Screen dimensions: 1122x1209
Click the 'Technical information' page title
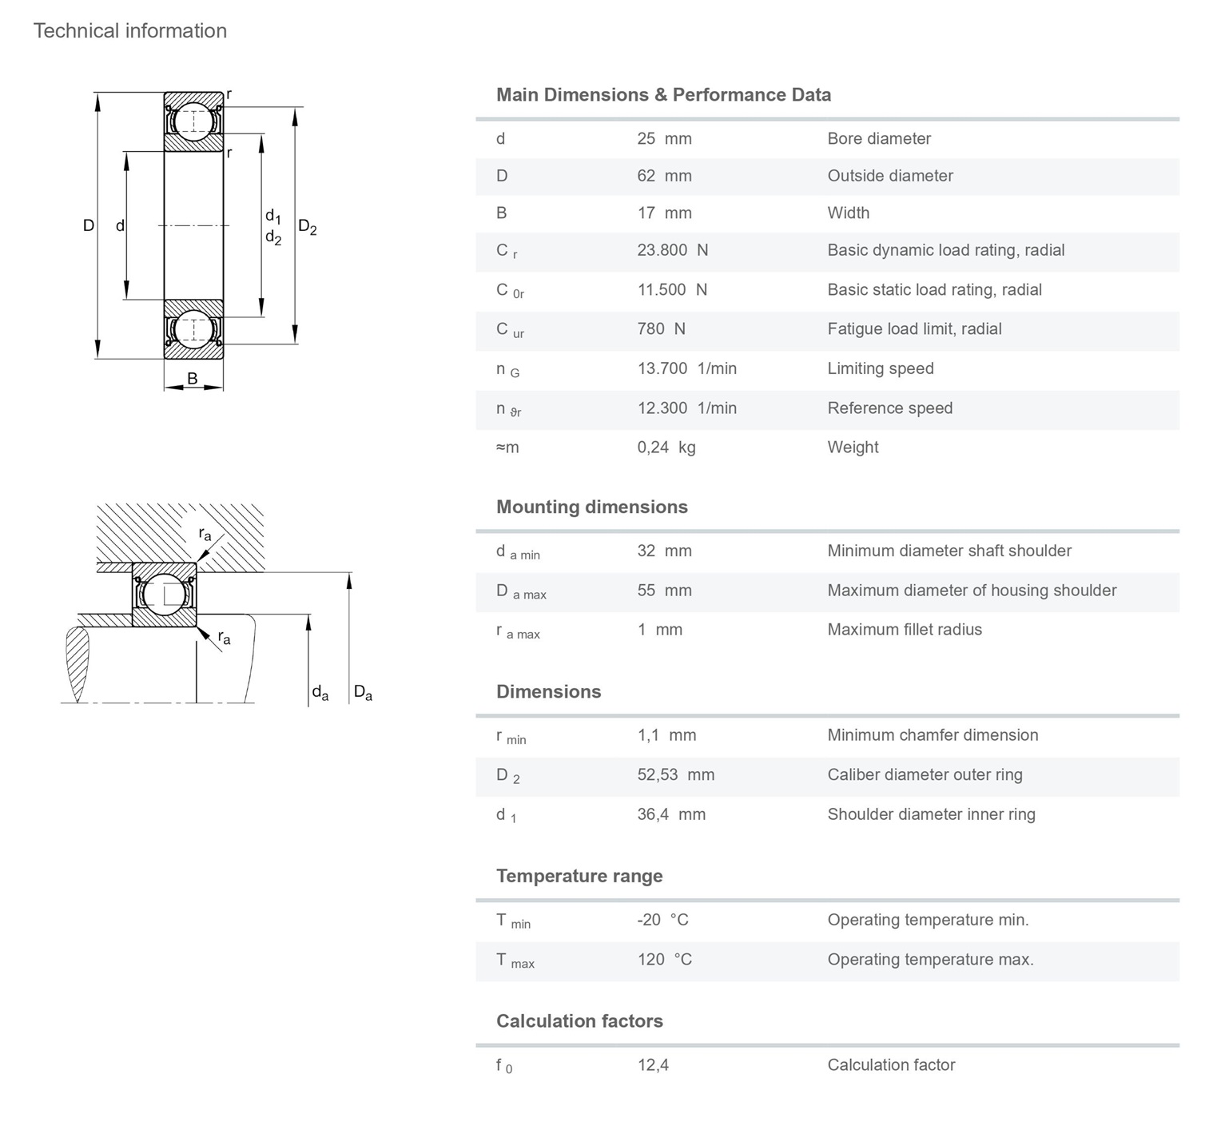pyautogui.click(x=130, y=31)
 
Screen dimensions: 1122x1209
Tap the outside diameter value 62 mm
pyautogui.click(x=664, y=176)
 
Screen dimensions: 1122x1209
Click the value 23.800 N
pyautogui.click(x=672, y=250)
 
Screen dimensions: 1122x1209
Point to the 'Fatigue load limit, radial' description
pyautogui.click(x=914, y=329)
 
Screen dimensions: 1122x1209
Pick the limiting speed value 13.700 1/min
pyautogui.click(x=686, y=368)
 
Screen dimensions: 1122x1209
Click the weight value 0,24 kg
pyautogui.click(x=666, y=448)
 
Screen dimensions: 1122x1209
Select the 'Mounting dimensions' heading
pyautogui.click(x=591, y=507)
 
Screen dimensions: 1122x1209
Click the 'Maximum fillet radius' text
pyautogui.click(x=905, y=630)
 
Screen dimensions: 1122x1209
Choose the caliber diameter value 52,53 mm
pyautogui.click(x=675, y=775)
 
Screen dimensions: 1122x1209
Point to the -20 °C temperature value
pyautogui.click(x=662, y=920)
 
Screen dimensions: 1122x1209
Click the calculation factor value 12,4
pyautogui.click(x=653, y=1065)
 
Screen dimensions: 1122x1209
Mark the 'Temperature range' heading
pyautogui.click(x=579, y=877)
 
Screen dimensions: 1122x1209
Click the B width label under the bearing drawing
pyautogui.click(x=193, y=378)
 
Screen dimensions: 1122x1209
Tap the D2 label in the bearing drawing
pyautogui.click(x=307, y=227)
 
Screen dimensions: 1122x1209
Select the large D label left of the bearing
pyautogui.click(x=89, y=225)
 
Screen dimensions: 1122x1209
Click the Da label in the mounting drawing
pyautogui.click(x=363, y=693)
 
